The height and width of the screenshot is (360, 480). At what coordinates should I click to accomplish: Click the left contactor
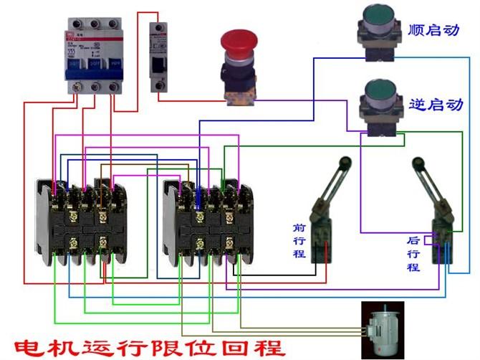click(81, 218)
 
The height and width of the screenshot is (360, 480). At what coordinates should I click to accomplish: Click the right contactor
click(208, 218)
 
